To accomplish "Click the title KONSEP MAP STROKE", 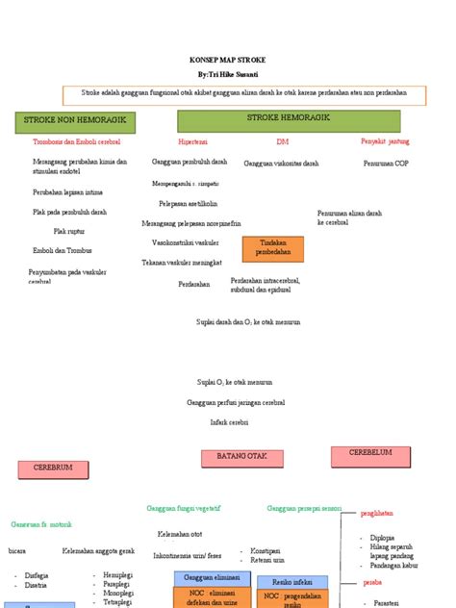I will (229, 60).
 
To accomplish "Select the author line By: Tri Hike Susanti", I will (229, 73).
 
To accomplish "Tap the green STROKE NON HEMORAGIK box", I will (75, 122).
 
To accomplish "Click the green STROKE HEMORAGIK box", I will (289, 119).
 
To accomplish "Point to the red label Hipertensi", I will (193, 140).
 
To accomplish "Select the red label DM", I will (282, 140).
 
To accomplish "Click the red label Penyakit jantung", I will (385, 140).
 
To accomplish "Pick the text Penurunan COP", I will (386, 164).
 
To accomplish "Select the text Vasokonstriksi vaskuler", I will (186, 242).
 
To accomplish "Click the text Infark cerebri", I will (229, 422).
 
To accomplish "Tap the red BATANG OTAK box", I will (240, 456).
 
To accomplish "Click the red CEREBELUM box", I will (370, 453).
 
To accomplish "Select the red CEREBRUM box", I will (54, 469).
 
